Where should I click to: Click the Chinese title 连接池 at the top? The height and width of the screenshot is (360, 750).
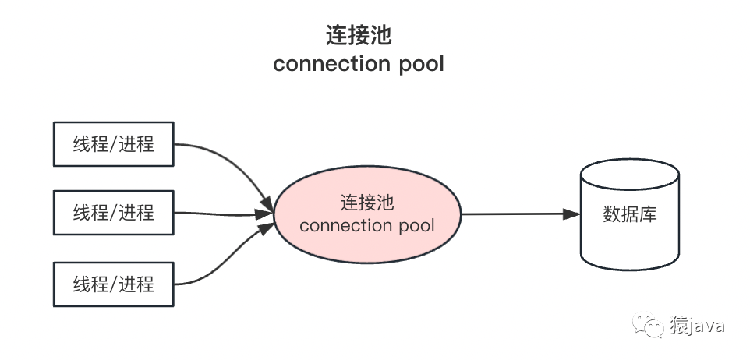point(358,36)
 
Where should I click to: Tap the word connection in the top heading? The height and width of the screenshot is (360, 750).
point(331,63)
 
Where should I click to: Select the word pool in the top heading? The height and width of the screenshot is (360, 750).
point(419,63)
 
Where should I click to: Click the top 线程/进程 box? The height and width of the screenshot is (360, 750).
point(114,144)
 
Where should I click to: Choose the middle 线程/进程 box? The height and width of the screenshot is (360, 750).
point(114,212)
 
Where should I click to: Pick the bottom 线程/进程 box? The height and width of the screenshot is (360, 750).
point(114,284)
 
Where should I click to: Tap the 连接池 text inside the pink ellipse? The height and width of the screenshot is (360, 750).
point(366,203)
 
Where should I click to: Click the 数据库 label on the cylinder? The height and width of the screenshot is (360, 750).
point(630,214)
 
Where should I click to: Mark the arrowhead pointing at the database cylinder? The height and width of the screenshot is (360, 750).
point(573,214)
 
